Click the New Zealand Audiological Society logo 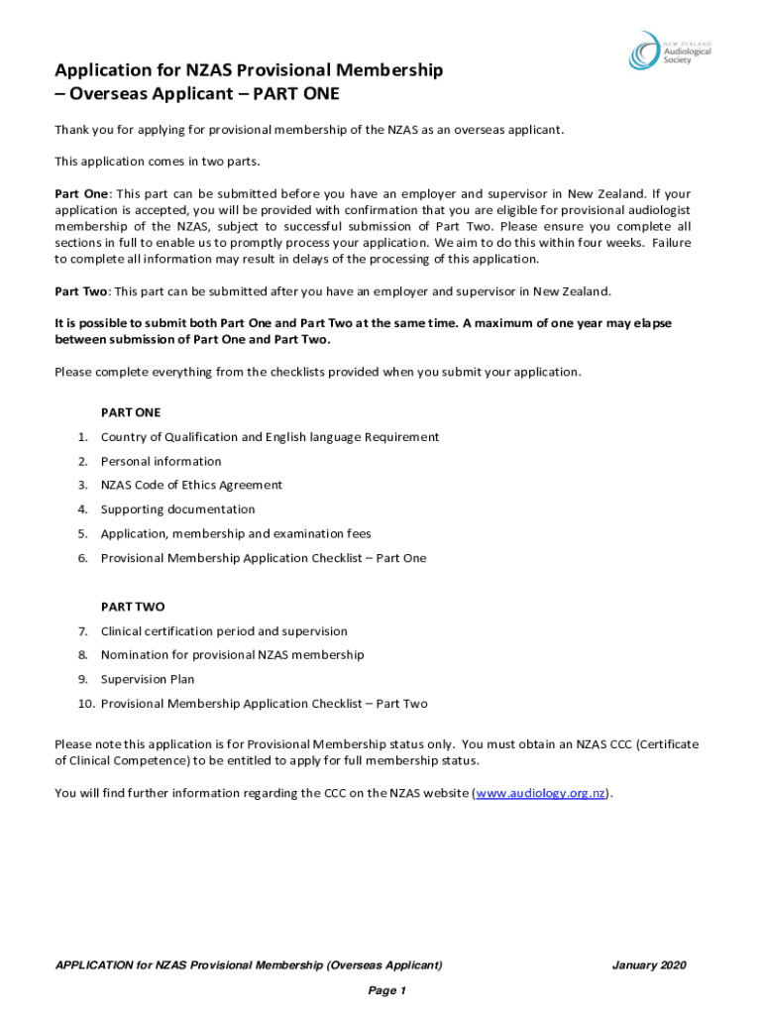[x=668, y=51]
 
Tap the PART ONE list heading [x=131, y=412]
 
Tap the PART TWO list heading [x=133, y=607]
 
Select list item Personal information [x=161, y=461]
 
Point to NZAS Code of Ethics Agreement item [x=191, y=486]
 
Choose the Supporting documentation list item [x=177, y=509]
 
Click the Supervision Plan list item [x=148, y=679]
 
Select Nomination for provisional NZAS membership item [x=232, y=655]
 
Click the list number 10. [x=85, y=704]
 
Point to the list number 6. [x=83, y=558]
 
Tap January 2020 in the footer [x=649, y=965]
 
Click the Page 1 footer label [x=387, y=991]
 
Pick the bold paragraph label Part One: [x=83, y=194]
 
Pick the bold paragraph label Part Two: [x=83, y=291]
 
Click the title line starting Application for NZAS [x=249, y=70]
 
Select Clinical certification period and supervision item [x=224, y=631]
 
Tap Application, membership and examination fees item [x=236, y=534]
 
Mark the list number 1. [x=83, y=437]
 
